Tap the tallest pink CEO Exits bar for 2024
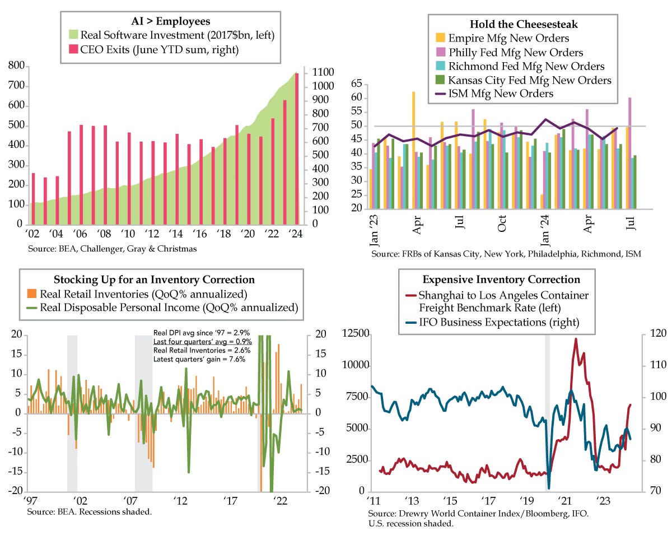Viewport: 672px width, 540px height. coord(297,148)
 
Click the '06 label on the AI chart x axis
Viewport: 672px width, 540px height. coord(80,234)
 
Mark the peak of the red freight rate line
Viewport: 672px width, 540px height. coord(576,339)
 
